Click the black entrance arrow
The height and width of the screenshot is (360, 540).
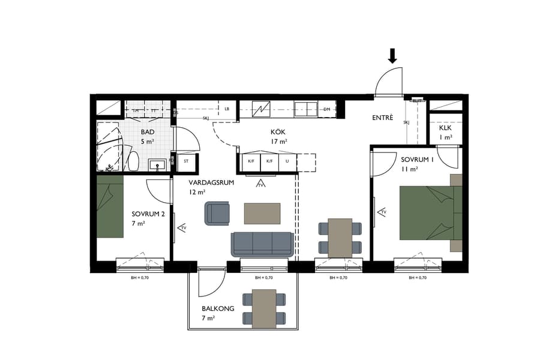point(392,56)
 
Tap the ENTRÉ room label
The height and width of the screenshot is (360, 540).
point(382,118)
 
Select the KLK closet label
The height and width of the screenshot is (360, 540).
point(445,128)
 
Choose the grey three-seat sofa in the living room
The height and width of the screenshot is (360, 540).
point(262,243)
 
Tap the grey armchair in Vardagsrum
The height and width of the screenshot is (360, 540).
point(217,213)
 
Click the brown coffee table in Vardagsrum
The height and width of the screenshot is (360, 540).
point(262,213)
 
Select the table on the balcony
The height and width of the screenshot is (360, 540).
point(264,308)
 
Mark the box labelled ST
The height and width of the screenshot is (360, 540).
point(186,161)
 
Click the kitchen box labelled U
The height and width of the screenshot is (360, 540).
point(287,161)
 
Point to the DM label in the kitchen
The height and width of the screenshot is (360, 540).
point(327,109)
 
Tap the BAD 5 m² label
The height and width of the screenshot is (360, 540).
point(147,137)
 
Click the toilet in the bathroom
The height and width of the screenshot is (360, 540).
point(134,161)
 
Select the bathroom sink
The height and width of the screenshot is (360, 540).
point(159,163)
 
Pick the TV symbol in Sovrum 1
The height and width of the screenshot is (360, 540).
point(381,212)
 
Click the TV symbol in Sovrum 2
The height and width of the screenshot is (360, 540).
point(182,228)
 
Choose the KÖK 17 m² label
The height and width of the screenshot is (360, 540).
point(278,137)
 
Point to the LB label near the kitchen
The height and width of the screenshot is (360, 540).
point(227,109)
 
